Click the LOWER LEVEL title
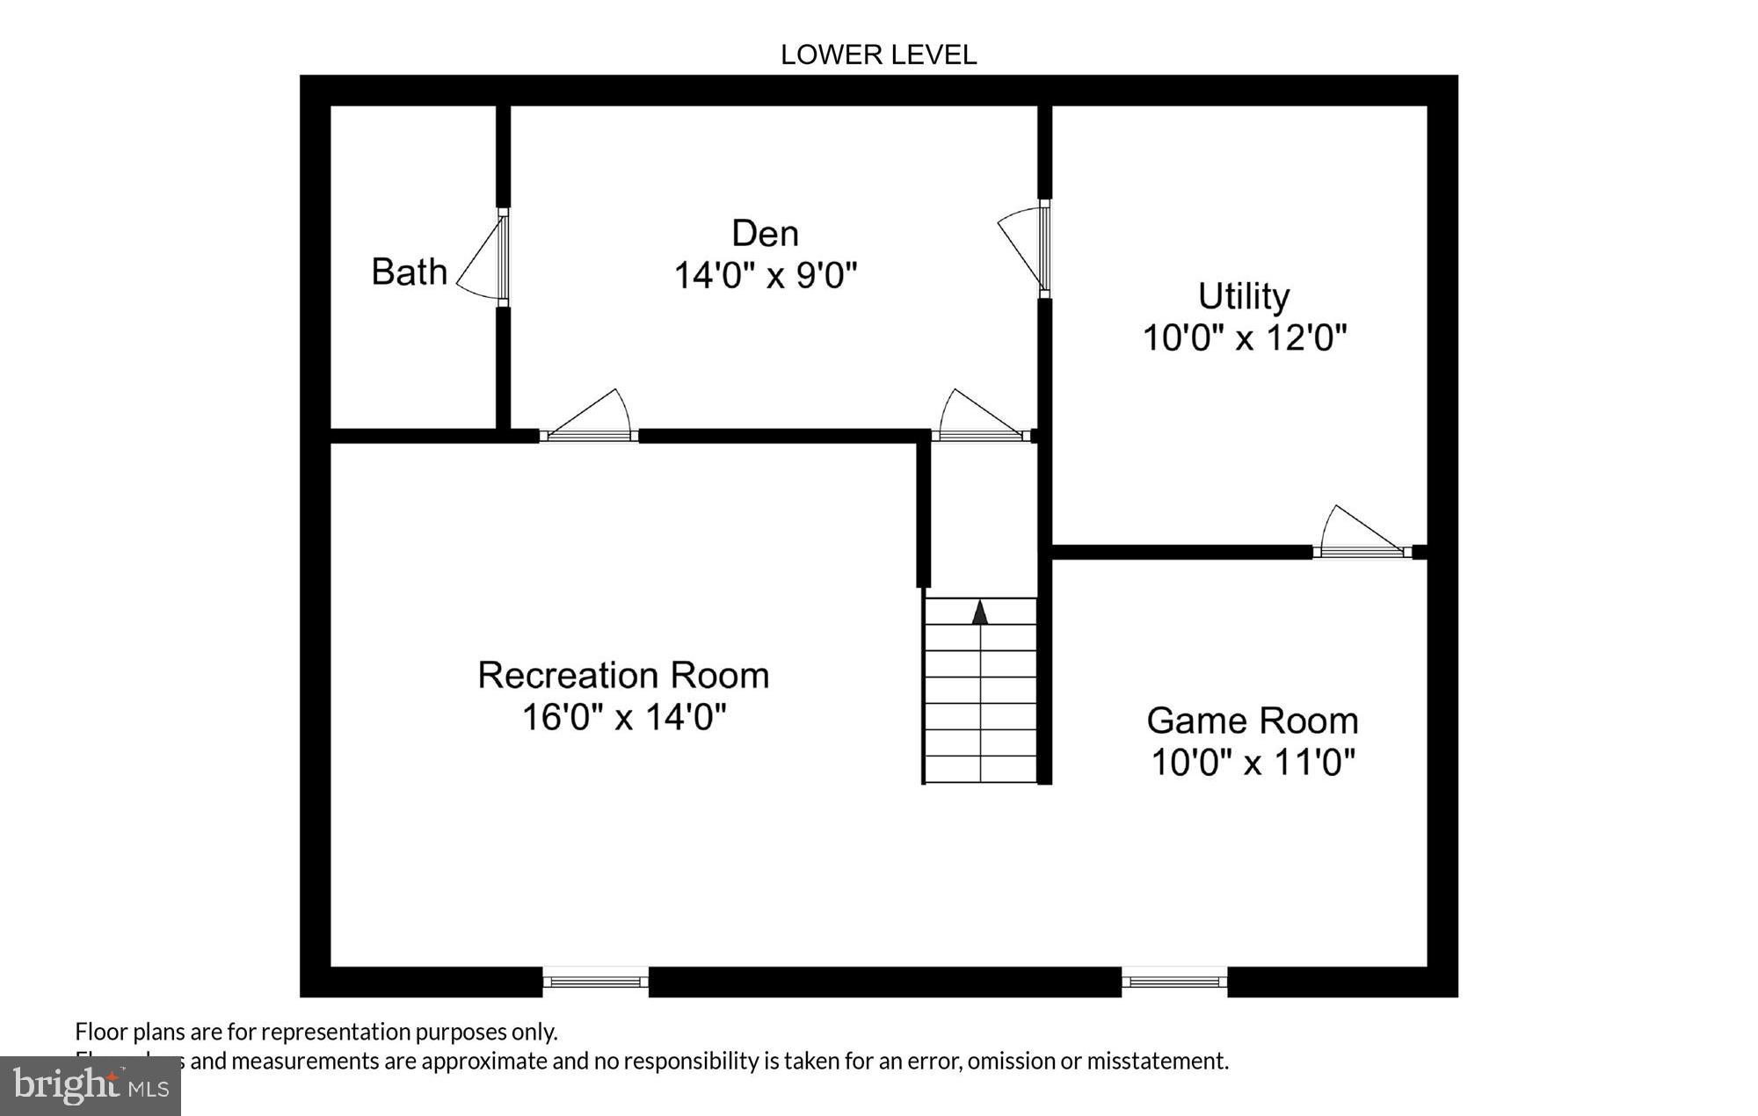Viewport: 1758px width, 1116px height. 878,55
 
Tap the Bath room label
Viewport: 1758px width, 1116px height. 409,272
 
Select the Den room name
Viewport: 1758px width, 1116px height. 765,234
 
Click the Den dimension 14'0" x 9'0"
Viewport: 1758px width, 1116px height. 765,276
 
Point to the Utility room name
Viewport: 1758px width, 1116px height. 1243,296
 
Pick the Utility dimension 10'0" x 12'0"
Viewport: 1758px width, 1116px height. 1244,337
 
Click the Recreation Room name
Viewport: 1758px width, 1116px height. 623,676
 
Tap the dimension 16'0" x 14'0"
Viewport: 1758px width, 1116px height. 624,717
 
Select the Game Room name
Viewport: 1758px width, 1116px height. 1252,721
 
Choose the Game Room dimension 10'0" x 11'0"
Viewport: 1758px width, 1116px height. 1253,762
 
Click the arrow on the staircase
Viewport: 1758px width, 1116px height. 980,612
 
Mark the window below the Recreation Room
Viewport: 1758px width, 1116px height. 595,981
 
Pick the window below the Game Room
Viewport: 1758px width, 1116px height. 1174,981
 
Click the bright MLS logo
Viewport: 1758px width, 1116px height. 91,1086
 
